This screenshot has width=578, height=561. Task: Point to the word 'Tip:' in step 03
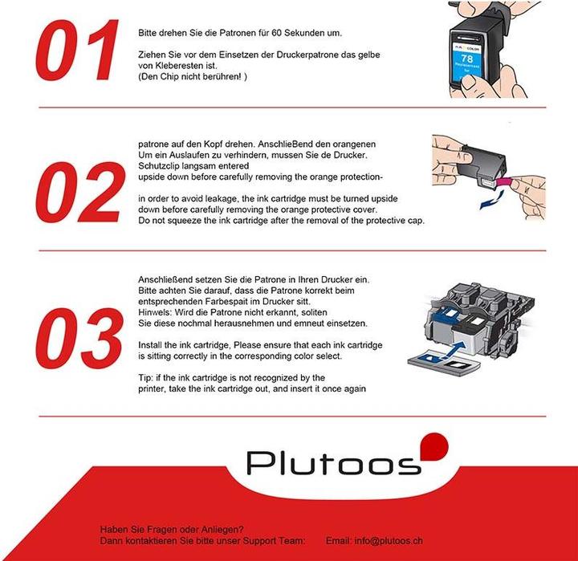click(147, 377)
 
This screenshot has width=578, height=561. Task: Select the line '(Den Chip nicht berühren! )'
click(193, 76)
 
